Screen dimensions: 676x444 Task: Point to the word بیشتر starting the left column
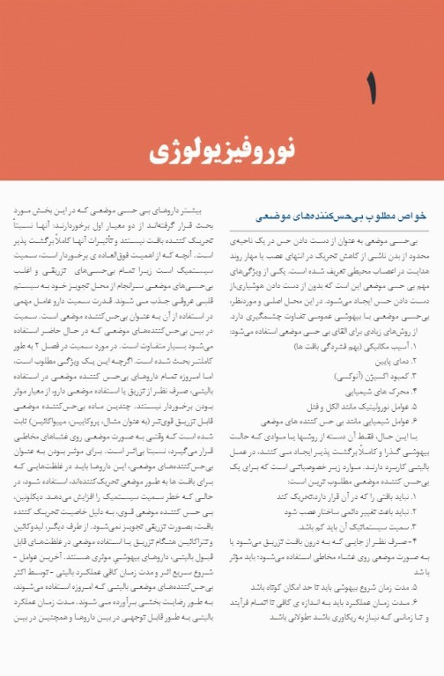coord(202,212)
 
